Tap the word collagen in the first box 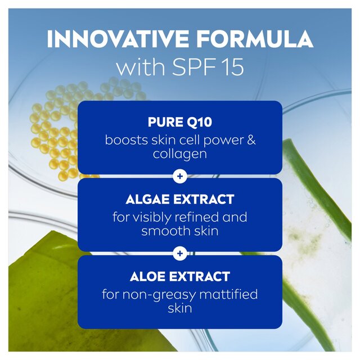(179, 154)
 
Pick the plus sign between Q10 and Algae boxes (180, 177)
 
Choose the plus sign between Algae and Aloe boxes (180, 254)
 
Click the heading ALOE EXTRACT (179, 277)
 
